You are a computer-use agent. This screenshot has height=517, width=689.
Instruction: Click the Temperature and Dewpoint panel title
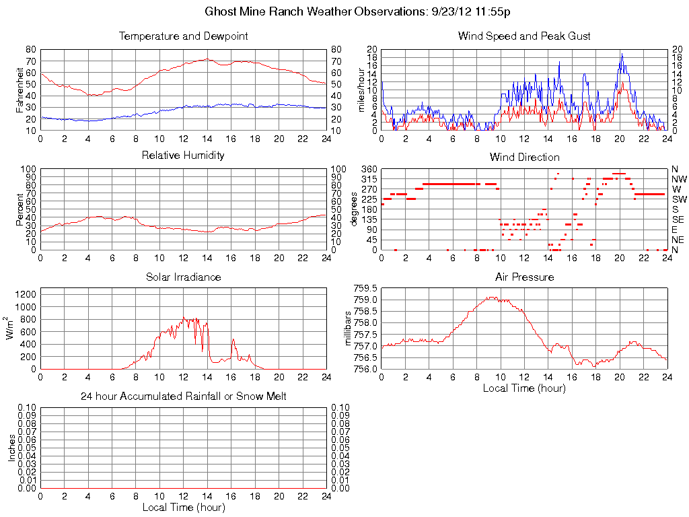pos(183,36)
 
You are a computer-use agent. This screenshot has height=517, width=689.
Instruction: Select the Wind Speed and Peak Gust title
pos(524,36)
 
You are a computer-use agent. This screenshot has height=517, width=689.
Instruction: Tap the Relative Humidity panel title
pos(183,156)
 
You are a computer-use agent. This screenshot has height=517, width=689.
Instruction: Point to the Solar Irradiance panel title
pos(183,277)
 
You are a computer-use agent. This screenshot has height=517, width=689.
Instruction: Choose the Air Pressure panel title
pos(524,277)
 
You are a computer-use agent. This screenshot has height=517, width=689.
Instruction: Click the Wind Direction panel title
pos(524,158)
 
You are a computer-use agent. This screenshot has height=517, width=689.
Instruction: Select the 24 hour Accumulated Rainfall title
pos(183,397)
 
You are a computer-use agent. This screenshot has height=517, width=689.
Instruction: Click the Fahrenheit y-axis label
pos(20,90)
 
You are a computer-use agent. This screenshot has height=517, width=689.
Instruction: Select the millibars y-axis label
pos(349,328)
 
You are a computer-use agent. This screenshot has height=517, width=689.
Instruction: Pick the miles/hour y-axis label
pos(361,90)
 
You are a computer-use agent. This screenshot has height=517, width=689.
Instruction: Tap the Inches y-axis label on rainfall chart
pos(11,448)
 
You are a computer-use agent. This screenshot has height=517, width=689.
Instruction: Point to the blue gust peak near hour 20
pos(621,54)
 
